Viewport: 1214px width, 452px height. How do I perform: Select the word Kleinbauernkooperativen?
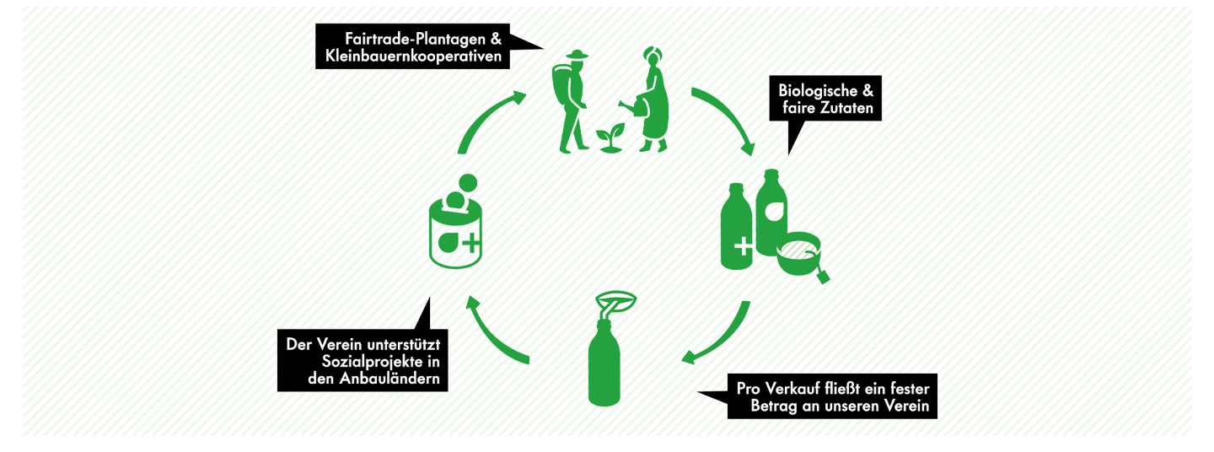(413, 56)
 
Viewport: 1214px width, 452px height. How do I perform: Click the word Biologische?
(817, 90)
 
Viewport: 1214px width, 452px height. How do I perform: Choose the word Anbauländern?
(389, 379)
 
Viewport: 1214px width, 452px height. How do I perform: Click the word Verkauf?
(790, 389)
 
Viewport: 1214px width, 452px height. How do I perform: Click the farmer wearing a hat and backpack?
(571, 102)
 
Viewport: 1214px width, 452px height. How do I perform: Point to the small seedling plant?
(610, 137)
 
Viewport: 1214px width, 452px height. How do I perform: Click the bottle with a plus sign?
(736, 227)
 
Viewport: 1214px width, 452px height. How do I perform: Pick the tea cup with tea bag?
(801, 256)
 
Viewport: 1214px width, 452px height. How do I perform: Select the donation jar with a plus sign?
(455, 223)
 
